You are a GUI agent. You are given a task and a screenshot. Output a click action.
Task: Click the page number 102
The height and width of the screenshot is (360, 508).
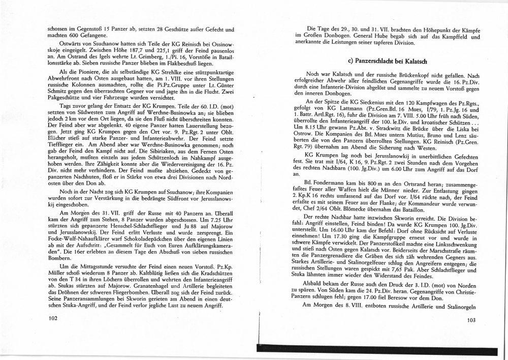49,319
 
